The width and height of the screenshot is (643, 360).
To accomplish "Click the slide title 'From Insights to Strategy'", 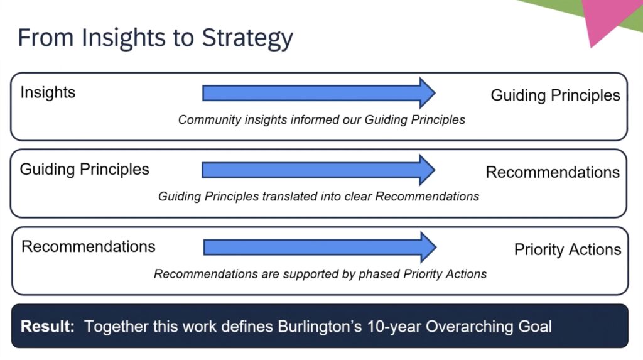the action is [x=156, y=38].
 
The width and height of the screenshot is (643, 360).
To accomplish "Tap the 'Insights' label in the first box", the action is [x=48, y=93].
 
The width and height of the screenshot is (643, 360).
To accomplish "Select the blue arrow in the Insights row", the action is [x=318, y=93].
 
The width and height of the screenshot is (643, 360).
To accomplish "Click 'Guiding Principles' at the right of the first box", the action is [x=555, y=95].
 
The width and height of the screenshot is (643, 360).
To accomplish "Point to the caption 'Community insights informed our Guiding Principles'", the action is [x=321, y=120].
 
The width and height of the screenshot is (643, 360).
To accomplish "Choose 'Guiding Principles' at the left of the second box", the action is [x=85, y=170].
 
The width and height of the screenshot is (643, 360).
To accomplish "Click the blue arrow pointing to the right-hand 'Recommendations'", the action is [x=318, y=170].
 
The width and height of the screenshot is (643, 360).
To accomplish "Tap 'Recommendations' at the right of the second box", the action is [x=553, y=172].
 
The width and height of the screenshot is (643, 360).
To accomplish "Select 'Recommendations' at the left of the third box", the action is [x=88, y=247].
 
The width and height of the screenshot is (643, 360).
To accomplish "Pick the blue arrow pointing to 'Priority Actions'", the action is [x=320, y=247].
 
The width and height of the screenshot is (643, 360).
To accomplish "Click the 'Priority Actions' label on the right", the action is [x=568, y=249].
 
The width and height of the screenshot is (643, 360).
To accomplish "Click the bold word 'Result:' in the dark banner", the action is [x=48, y=327].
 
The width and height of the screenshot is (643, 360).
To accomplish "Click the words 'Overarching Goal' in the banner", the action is [x=489, y=327].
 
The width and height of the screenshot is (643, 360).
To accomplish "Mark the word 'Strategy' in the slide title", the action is [x=247, y=39].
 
